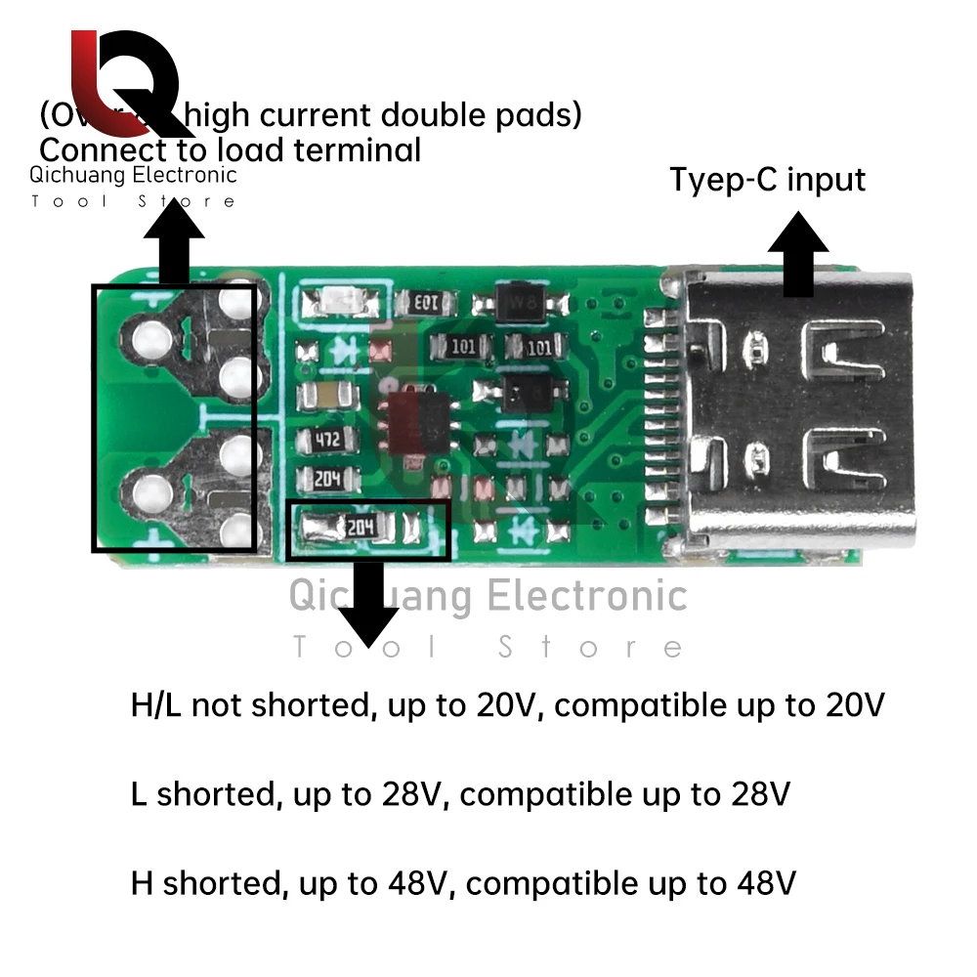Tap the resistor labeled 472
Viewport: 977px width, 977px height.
326,441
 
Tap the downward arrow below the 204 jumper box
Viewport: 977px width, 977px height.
368,603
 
